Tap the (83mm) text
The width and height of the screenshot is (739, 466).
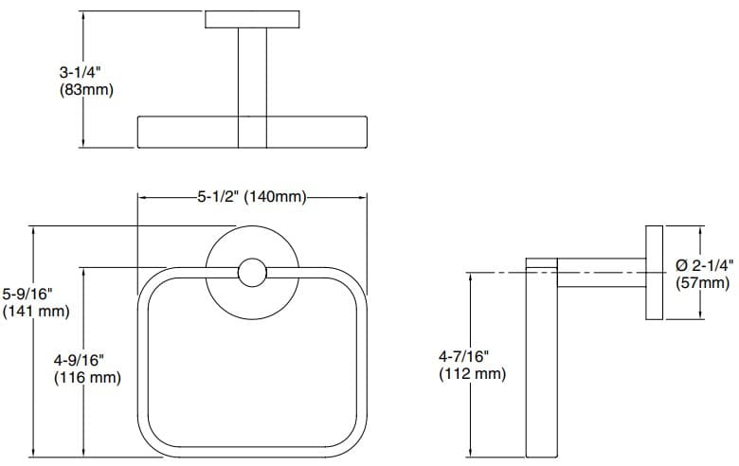coord(85,90)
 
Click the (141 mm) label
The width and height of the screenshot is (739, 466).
coord(36,310)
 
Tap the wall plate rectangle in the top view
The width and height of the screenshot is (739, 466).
coord(252,20)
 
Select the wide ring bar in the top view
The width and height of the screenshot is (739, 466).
coord(252,132)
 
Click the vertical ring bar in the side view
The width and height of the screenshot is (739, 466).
coord(543,360)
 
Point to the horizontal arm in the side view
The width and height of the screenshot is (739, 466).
coord(601,273)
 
